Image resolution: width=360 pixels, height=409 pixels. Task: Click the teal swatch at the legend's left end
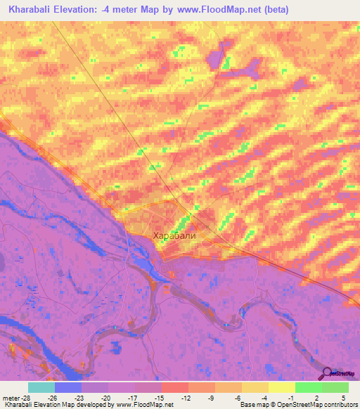tap(41, 387)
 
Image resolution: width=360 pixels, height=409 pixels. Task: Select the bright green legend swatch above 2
tap(309, 387)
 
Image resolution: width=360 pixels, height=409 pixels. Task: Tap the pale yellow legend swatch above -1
tap(282, 387)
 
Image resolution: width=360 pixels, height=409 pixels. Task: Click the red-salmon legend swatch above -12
tap(175, 387)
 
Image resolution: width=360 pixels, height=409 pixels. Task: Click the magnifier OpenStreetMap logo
tap(326, 373)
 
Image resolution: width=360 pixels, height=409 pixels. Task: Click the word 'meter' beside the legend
tap(11, 397)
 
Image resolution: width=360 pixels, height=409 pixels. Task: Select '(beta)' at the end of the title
tap(275, 11)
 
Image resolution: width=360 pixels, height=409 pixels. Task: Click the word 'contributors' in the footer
tap(338, 405)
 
